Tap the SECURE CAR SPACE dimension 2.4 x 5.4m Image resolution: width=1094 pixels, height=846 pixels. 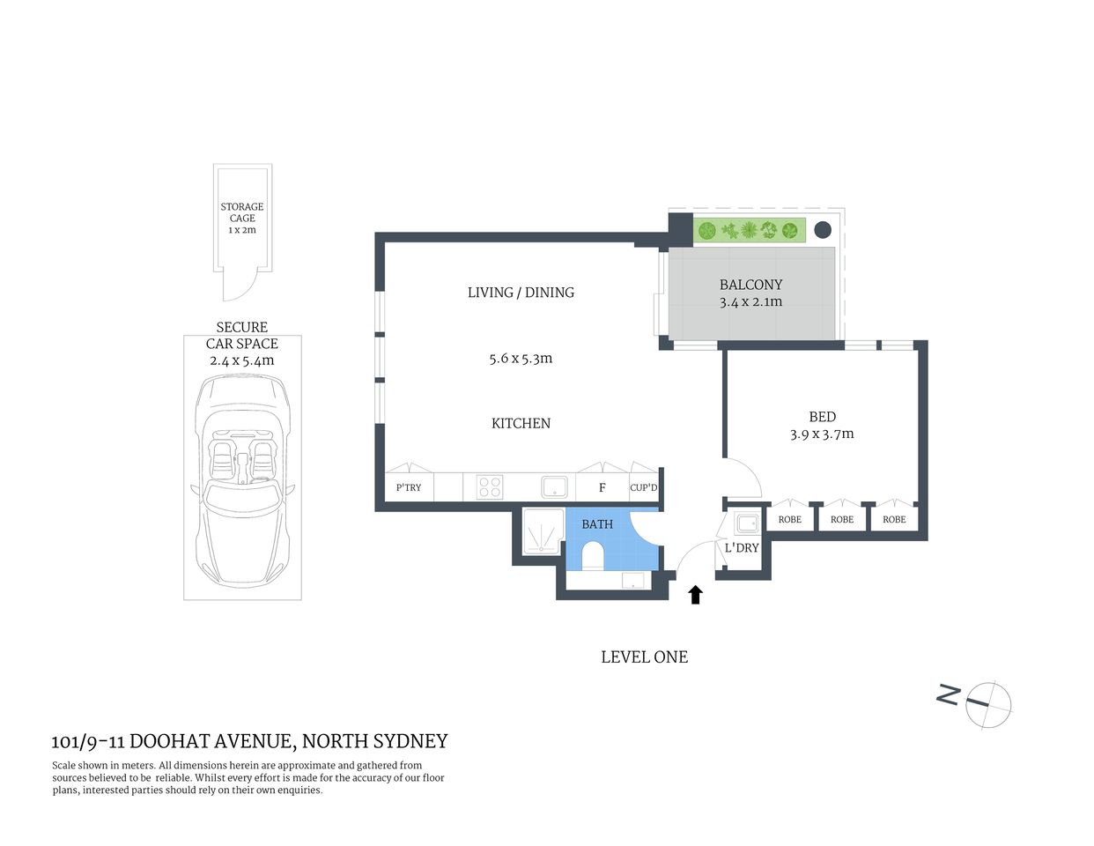pyautogui.click(x=241, y=360)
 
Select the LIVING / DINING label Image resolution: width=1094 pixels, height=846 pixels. pyautogui.click(x=521, y=293)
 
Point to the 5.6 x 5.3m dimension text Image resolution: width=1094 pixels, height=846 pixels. pyautogui.click(x=521, y=359)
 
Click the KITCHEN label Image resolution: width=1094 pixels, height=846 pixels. pyautogui.click(x=521, y=424)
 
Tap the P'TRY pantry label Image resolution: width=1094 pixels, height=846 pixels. pyautogui.click(x=409, y=487)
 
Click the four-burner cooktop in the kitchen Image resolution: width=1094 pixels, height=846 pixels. pyautogui.click(x=490, y=487)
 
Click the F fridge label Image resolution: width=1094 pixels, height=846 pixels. pyautogui.click(x=602, y=487)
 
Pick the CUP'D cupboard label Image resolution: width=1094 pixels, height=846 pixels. pyautogui.click(x=644, y=487)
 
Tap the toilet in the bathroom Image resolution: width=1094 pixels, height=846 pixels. pyautogui.click(x=593, y=556)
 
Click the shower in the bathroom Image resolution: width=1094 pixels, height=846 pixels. pyautogui.click(x=543, y=531)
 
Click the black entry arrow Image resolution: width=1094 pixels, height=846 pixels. pyautogui.click(x=695, y=595)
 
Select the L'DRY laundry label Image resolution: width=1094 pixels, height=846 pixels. pyautogui.click(x=742, y=548)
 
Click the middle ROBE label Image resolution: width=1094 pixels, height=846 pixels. pyautogui.click(x=842, y=520)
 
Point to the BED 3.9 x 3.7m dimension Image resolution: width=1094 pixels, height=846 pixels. pyautogui.click(x=822, y=434)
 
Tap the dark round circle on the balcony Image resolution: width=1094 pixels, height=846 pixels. pyautogui.click(x=822, y=230)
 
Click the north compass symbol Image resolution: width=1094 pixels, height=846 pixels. pyautogui.click(x=987, y=703)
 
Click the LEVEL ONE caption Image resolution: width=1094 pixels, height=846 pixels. pyautogui.click(x=644, y=657)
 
